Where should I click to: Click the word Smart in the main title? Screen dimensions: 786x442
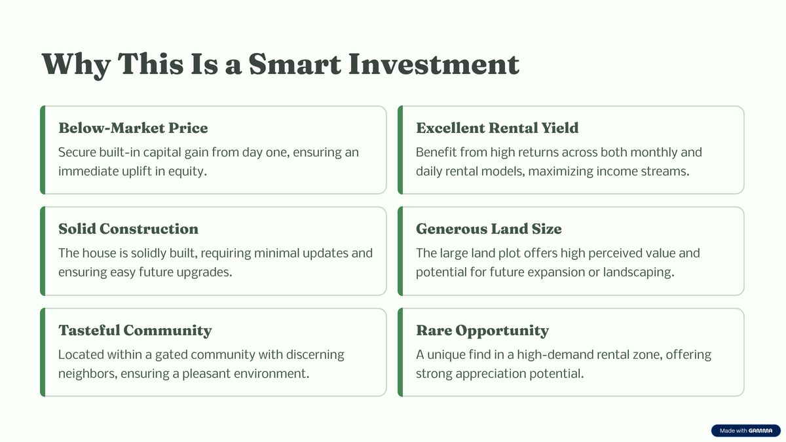(x=294, y=64)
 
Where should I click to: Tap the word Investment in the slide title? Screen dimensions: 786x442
(x=434, y=64)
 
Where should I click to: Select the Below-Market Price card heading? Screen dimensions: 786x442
(x=133, y=128)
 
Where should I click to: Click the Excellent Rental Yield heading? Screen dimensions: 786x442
(x=497, y=128)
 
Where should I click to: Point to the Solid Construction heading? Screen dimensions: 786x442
(x=128, y=229)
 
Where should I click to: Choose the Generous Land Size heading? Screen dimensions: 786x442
(x=489, y=229)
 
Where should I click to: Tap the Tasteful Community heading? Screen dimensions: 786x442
(x=135, y=331)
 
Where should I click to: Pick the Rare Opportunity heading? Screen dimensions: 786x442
(x=483, y=331)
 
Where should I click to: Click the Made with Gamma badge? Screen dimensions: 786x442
(x=745, y=430)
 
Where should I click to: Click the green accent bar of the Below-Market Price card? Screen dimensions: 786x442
(x=43, y=150)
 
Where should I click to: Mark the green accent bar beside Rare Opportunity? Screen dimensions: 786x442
(x=400, y=352)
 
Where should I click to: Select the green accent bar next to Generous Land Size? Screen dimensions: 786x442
(x=400, y=251)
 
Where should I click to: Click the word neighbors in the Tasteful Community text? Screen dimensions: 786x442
(x=86, y=374)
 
